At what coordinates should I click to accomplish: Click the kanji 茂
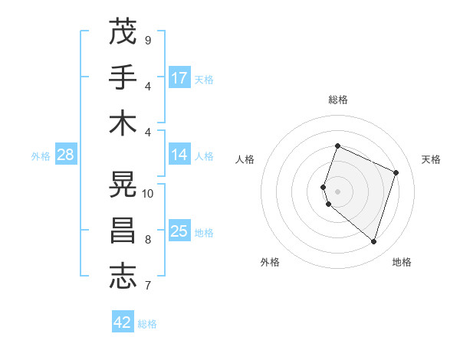click(x=123, y=32)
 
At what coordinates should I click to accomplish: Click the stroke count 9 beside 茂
click(x=148, y=40)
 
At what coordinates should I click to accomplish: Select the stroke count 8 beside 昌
click(x=148, y=240)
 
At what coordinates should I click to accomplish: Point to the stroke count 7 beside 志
click(x=148, y=286)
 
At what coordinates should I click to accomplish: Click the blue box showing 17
click(x=179, y=78)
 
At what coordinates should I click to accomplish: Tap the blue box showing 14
click(x=179, y=155)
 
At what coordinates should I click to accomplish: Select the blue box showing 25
click(x=179, y=231)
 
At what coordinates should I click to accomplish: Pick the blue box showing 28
click(x=66, y=155)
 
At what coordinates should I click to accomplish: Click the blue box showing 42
click(x=123, y=322)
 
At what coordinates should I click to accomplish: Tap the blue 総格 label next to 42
click(x=147, y=324)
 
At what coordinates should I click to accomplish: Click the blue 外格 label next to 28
click(x=41, y=156)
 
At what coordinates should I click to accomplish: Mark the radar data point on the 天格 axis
click(x=396, y=172)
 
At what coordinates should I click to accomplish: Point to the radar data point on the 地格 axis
click(x=373, y=241)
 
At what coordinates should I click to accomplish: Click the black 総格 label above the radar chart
click(x=337, y=100)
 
